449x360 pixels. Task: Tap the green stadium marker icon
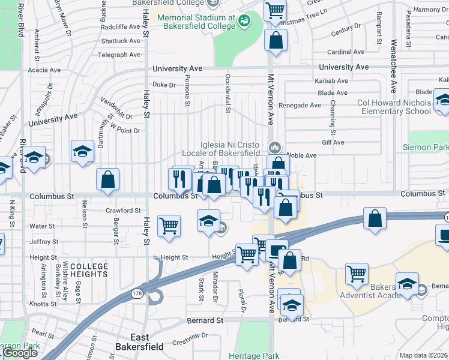pyautogui.click(x=244, y=22)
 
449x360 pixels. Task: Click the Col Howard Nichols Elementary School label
pyautogui.click(x=394, y=107)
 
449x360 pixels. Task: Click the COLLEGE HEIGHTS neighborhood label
pyautogui.click(x=89, y=271)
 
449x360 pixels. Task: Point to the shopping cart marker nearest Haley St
pyautogui.click(x=169, y=226)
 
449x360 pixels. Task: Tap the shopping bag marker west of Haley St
pyautogui.click(x=107, y=179)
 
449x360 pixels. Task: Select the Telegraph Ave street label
pyautogui.click(x=120, y=55)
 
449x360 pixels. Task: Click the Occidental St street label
pyautogui.click(x=228, y=94)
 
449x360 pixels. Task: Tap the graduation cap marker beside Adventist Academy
pyautogui.click(x=407, y=284)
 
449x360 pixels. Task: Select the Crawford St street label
pyautogui.click(x=122, y=211)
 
